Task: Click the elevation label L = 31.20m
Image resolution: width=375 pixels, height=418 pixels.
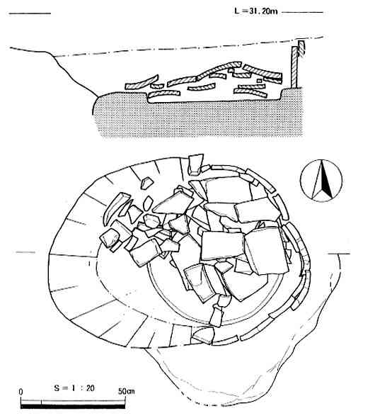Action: tap(256, 11)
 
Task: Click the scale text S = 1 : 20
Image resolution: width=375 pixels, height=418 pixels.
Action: tap(74, 388)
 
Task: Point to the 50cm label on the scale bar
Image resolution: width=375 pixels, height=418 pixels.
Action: tap(127, 391)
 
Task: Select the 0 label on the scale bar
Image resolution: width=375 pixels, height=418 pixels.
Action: tap(21, 392)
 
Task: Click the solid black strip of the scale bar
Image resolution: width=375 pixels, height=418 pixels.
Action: tap(73, 407)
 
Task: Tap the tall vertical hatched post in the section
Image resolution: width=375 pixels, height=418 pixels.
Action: tap(294, 67)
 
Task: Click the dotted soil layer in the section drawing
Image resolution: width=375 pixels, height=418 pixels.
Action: tap(200, 118)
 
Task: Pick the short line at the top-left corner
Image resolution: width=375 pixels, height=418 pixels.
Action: tap(30, 13)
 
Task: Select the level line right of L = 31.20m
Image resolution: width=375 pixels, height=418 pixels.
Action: tap(302, 12)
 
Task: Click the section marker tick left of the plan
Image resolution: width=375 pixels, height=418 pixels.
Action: tap(25, 252)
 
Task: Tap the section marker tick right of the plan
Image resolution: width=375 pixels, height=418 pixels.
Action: tap(339, 254)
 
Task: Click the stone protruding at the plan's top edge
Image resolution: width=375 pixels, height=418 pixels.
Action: tap(195, 164)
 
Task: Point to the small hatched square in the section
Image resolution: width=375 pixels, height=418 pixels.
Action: tap(259, 81)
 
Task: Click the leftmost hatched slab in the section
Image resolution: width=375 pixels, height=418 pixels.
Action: tap(142, 82)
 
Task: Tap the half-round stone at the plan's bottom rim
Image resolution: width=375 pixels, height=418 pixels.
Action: tap(203, 335)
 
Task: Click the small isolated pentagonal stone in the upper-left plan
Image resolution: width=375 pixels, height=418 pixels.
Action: tap(146, 183)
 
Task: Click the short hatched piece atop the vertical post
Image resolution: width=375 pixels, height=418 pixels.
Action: tap(301, 48)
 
